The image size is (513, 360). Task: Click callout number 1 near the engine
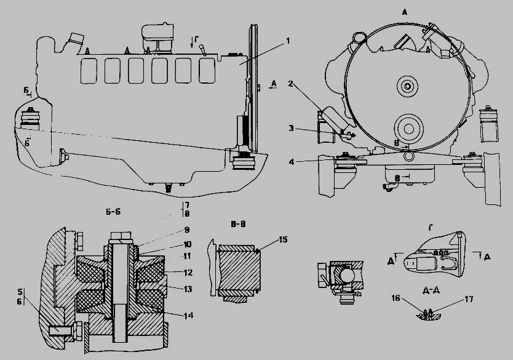288,41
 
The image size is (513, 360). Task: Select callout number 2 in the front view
290,84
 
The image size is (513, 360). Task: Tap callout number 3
291,128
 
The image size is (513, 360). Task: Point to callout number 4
292,161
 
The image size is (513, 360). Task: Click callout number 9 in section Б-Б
187,230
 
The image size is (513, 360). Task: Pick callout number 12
188,272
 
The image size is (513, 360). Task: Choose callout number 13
188,289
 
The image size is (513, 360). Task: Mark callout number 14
188,316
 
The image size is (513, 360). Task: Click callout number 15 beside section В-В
283,239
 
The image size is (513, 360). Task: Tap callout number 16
396,298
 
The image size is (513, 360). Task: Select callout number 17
469,299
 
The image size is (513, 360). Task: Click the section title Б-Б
113,212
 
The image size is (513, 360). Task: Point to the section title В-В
238,224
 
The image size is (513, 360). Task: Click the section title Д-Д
431,290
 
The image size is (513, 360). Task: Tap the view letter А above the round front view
404,12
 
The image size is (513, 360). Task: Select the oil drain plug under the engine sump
169,188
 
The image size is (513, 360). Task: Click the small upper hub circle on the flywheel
407,86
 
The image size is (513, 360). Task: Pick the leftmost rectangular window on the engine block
89,71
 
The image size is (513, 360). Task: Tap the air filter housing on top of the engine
157,38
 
